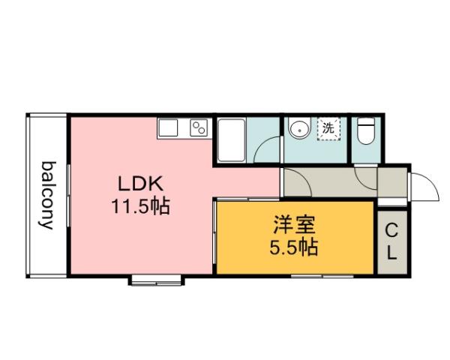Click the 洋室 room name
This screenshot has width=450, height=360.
pyautogui.click(x=293, y=224)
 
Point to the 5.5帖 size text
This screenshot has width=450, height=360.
pyautogui.click(x=293, y=247)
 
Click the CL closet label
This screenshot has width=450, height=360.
pyautogui.click(x=391, y=241)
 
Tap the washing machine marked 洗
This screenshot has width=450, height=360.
pyautogui.click(x=328, y=128)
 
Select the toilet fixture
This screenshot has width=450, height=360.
pyautogui.click(x=366, y=132)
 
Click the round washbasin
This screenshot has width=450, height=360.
pyautogui.click(x=298, y=128)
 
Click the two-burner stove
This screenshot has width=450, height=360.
pyautogui.click(x=199, y=128)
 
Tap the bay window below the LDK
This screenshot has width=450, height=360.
pyautogui.click(x=157, y=281)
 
